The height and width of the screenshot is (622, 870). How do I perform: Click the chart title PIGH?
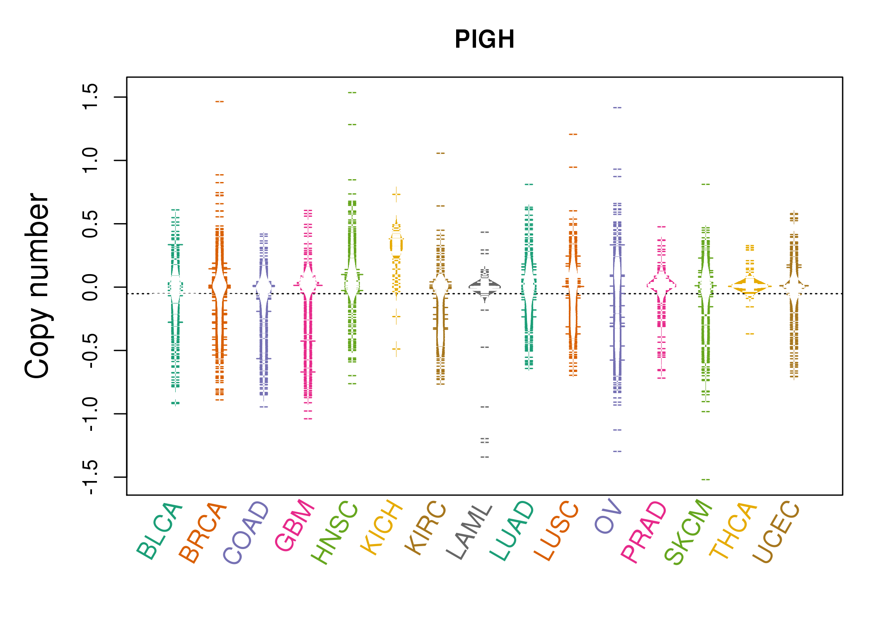(x=484, y=39)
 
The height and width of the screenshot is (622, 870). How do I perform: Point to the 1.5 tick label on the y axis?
(x=90, y=97)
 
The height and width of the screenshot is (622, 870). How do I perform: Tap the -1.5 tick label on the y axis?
(x=90, y=477)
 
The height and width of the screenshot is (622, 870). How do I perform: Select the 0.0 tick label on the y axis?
(x=90, y=287)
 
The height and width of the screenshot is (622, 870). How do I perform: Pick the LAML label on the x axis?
(x=469, y=532)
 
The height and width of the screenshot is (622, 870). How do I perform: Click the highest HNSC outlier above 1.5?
(x=352, y=92)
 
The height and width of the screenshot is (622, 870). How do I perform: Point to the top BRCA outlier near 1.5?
(x=220, y=102)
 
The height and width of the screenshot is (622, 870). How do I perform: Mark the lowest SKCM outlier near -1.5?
(x=706, y=479)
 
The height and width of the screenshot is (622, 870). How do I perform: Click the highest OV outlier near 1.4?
(x=617, y=107)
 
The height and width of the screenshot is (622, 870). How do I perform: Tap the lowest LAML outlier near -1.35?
(x=485, y=457)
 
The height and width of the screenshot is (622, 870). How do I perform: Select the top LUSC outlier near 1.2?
(x=573, y=134)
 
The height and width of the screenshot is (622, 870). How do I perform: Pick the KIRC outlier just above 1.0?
(x=440, y=153)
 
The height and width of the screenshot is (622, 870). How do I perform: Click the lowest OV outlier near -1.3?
(x=617, y=451)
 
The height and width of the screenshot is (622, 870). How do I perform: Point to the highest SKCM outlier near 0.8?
(x=706, y=184)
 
